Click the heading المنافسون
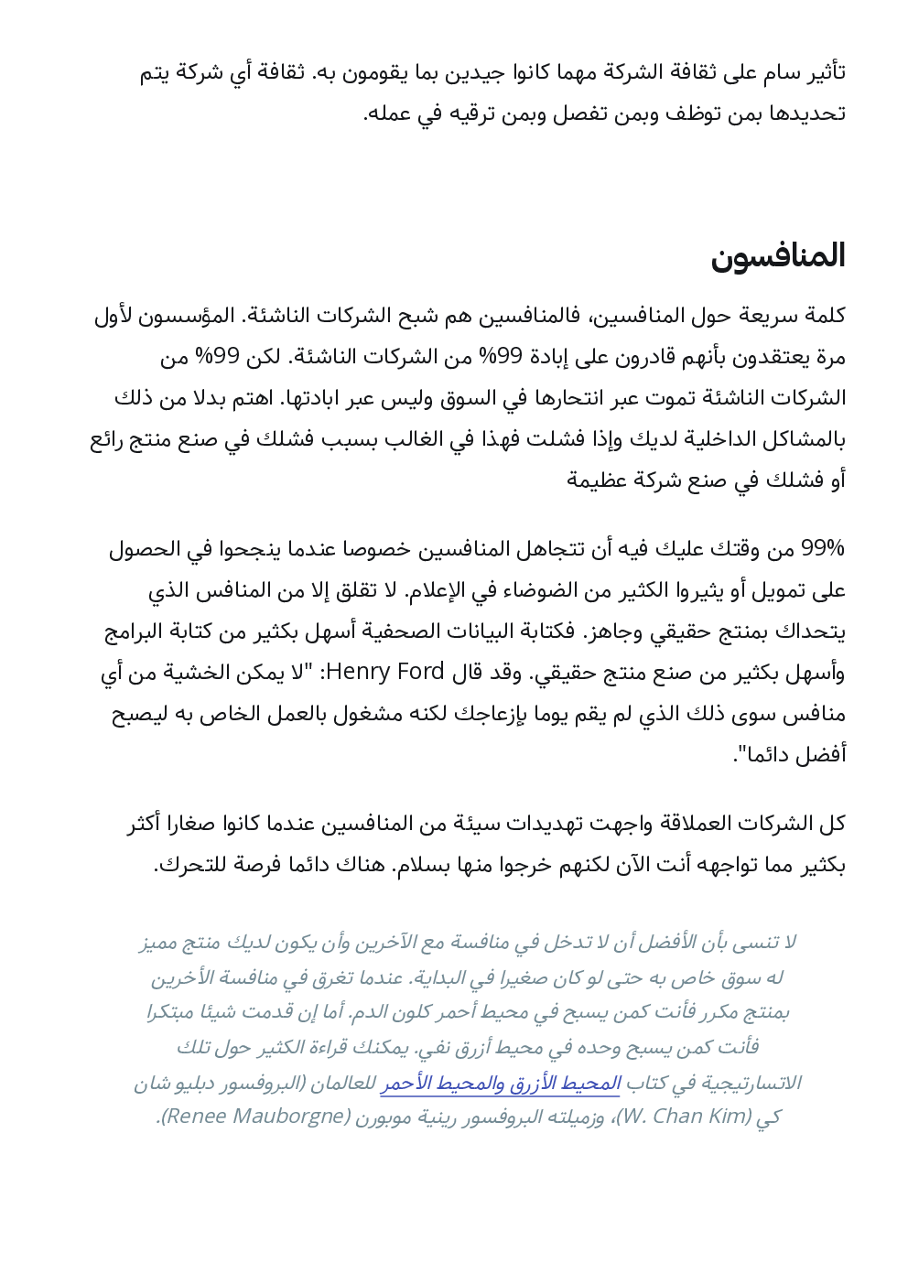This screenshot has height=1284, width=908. click(777, 256)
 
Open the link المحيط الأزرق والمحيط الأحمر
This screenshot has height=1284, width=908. click(501, 1084)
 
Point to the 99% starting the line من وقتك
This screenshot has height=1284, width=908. click(822, 549)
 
